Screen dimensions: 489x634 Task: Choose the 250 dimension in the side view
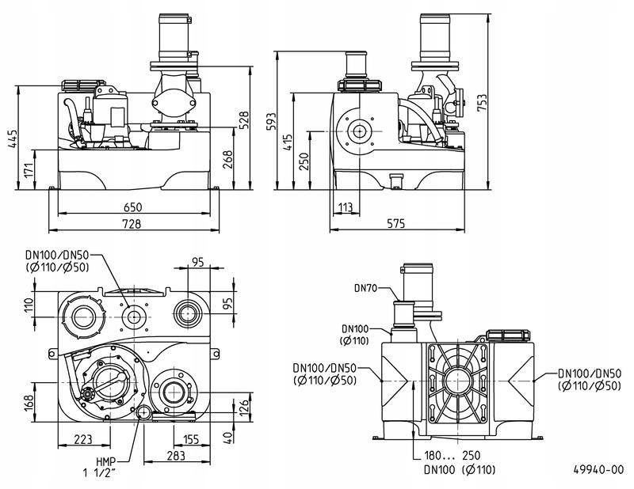[302, 161]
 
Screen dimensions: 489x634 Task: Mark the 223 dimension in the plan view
[82, 439]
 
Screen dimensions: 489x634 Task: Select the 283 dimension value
[176, 456]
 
